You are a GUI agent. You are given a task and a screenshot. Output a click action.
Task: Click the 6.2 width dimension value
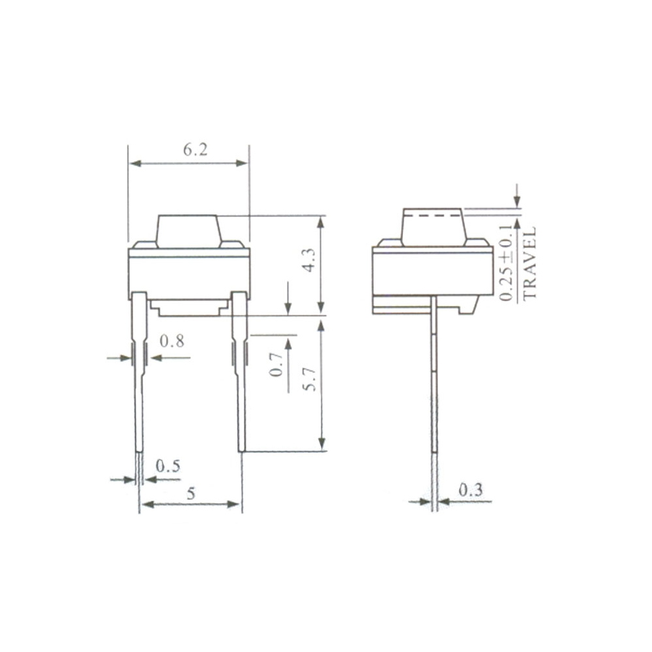click(194, 150)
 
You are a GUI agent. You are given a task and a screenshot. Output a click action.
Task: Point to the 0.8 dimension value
click(171, 341)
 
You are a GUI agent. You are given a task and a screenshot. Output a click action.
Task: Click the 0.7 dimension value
click(276, 364)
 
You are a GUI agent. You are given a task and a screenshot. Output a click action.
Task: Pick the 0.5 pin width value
click(168, 466)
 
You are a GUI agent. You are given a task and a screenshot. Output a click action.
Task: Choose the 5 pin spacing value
click(190, 494)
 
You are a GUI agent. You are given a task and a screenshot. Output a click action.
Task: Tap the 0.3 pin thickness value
click(470, 490)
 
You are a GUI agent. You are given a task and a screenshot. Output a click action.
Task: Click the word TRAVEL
click(529, 263)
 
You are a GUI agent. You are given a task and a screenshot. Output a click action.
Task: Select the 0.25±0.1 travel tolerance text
click(507, 263)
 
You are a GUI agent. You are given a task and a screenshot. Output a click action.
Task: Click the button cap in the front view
click(189, 231)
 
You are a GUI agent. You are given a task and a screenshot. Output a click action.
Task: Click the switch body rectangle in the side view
click(432, 272)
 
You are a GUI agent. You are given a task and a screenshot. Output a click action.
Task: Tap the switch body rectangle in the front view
click(189, 274)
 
